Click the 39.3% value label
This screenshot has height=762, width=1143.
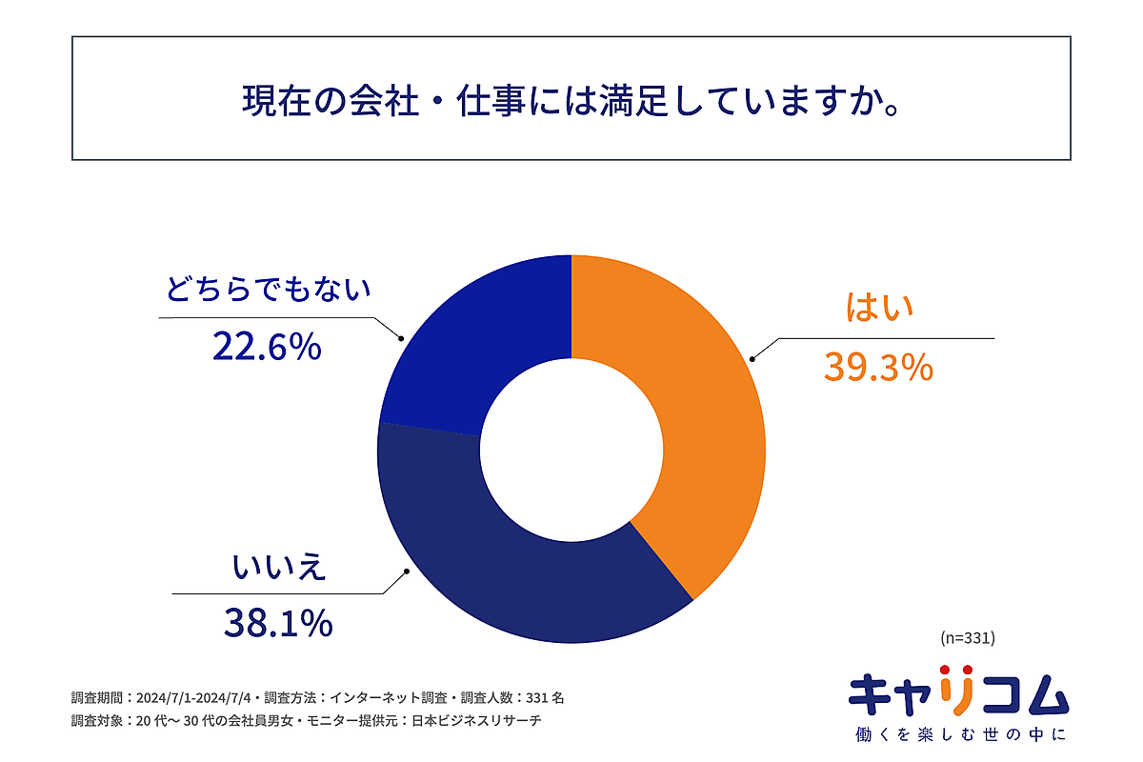tap(877, 368)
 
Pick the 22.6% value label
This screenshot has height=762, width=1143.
tap(267, 348)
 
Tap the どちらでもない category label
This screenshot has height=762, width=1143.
tap(268, 290)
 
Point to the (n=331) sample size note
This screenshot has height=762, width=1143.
tap(967, 635)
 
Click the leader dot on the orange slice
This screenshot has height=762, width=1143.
tap(752, 359)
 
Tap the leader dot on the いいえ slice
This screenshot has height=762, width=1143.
tap(409, 571)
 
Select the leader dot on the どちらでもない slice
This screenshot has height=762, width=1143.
tap(401, 337)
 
